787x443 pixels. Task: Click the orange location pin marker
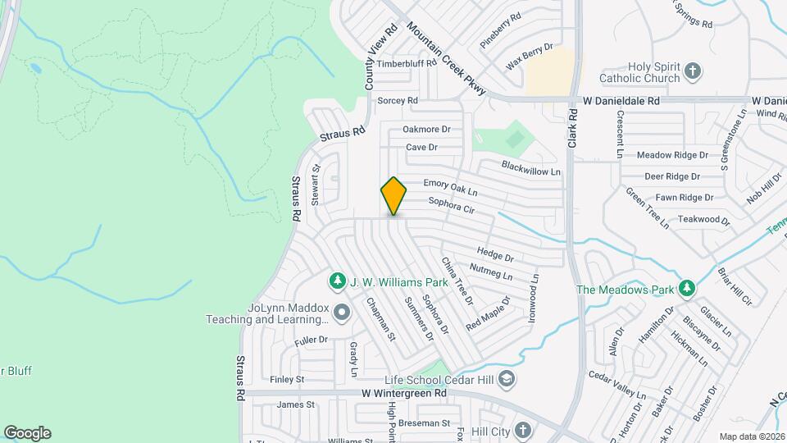coord(393,195)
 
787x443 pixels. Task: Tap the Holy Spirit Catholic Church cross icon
coord(693,71)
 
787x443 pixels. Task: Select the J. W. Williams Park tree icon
coord(336,282)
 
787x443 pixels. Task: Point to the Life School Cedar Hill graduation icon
coord(507,378)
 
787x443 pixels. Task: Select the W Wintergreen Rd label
coord(403,393)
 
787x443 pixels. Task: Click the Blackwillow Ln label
coord(531,169)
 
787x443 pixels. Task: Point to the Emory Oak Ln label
coord(450,187)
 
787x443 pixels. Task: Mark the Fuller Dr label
coord(311,339)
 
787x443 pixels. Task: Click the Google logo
coord(27,432)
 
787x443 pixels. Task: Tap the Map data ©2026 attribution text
coord(751,436)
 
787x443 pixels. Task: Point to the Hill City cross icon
coord(523,430)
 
